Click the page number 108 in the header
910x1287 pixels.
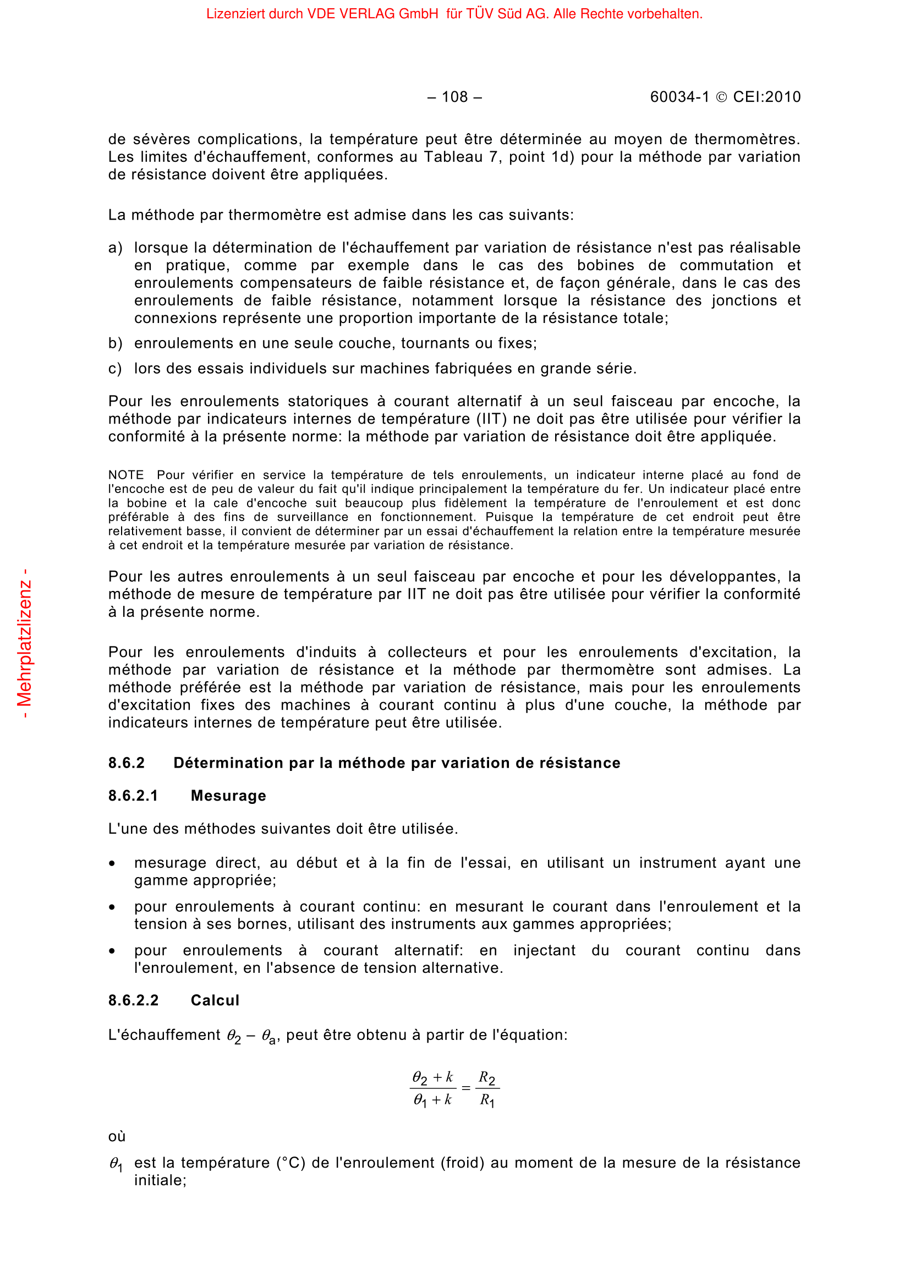point(454,97)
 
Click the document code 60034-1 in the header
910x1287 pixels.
point(679,97)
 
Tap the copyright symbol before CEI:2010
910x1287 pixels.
point(721,97)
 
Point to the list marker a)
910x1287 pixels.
point(115,248)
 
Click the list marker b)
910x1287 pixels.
point(115,343)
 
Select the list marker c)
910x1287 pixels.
point(115,369)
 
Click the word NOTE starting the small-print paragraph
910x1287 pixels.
point(126,475)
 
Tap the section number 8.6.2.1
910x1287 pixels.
point(133,796)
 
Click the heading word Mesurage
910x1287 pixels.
point(228,796)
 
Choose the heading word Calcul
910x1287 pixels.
point(215,1000)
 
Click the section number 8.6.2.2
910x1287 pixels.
point(133,1000)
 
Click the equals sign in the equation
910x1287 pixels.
point(465,1088)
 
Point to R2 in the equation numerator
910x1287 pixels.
point(486,1077)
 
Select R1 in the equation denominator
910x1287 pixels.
point(486,1100)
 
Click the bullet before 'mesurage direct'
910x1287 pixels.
point(112,864)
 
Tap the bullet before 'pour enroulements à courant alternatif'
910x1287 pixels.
point(112,951)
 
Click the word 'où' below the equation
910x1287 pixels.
point(117,1136)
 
